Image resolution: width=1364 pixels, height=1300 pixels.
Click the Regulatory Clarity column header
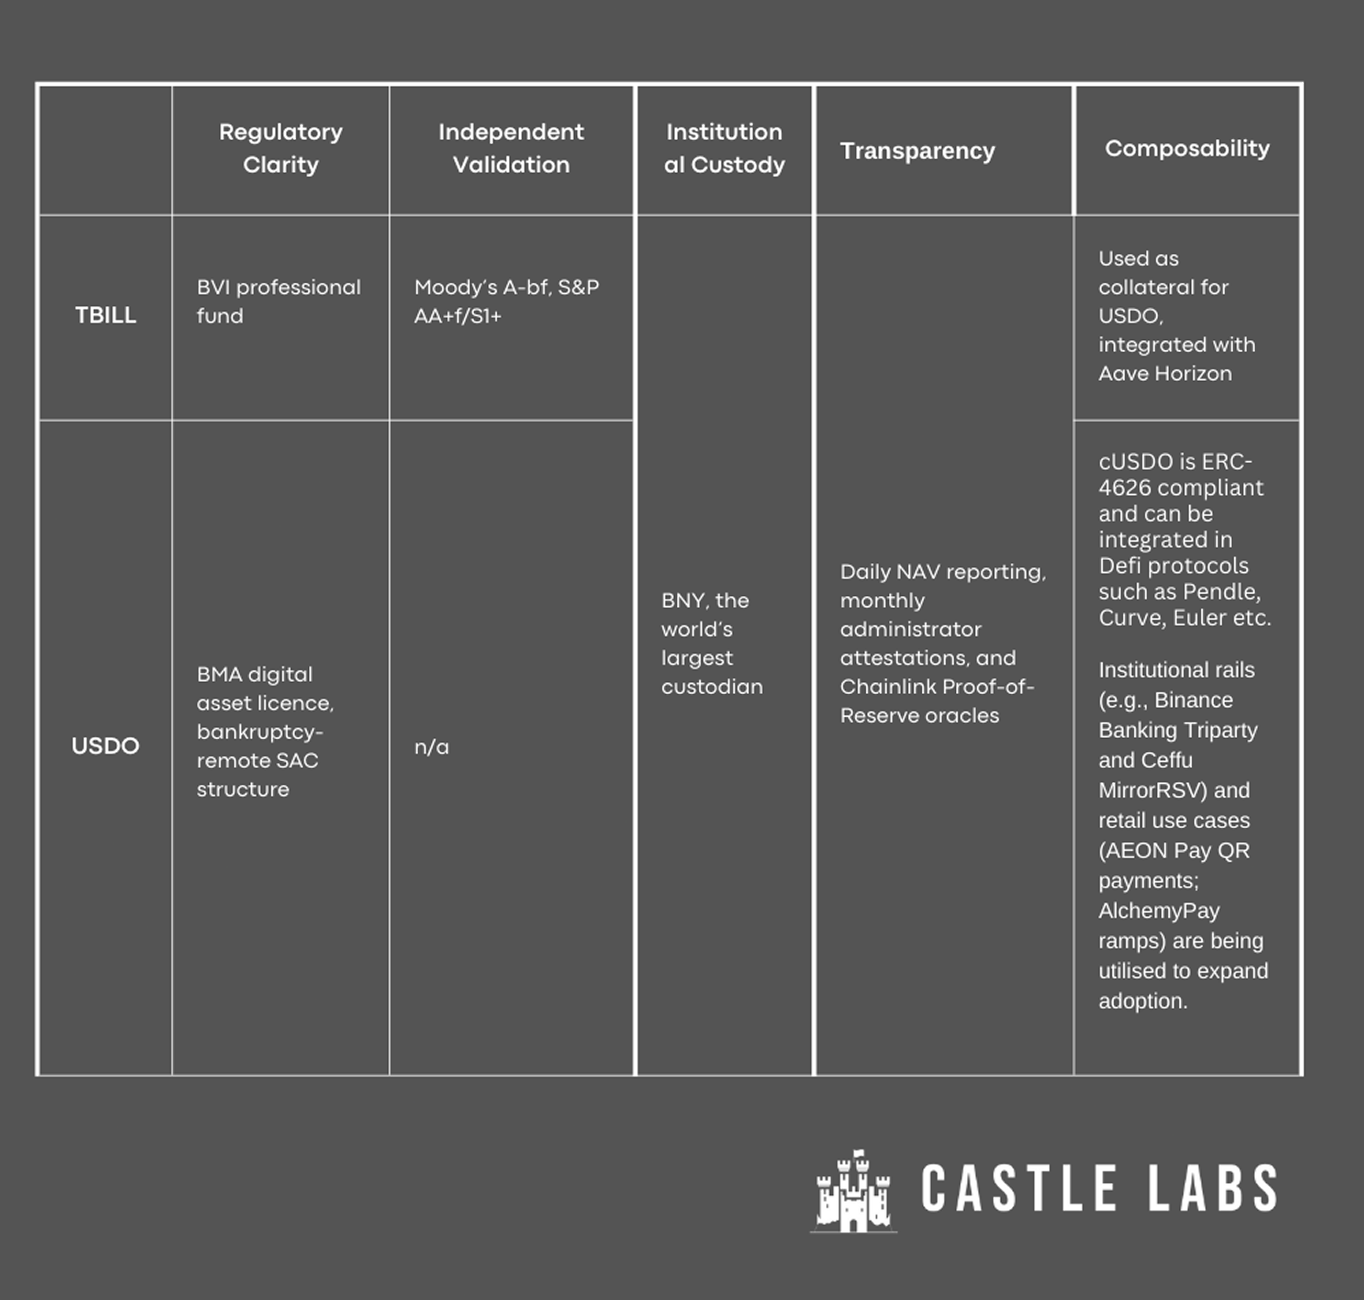tap(281, 148)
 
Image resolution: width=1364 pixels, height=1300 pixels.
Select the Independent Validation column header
tap(511, 148)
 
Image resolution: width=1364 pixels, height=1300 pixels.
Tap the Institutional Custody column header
tap(724, 148)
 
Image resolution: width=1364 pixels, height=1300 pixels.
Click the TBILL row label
tap(105, 315)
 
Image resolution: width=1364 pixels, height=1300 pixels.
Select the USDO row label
tap(105, 746)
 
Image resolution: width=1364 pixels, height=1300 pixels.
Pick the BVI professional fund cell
tap(278, 302)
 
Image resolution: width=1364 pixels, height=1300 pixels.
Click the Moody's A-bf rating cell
tap(506, 302)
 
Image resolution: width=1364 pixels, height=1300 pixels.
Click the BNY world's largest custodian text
tap(711, 643)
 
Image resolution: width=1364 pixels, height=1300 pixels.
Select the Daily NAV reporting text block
tap(943, 643)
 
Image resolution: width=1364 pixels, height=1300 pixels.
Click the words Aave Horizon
tap(1165, 373)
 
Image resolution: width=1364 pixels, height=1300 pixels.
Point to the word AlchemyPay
tap(1159, 910)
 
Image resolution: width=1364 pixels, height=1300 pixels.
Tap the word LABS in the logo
tap(1212, 1188)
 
